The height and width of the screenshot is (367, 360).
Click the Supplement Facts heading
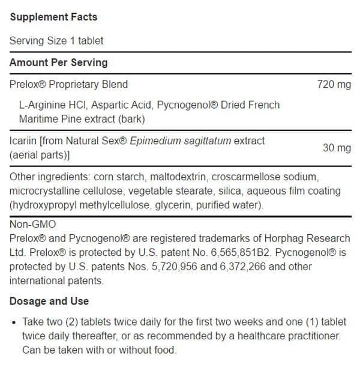53,17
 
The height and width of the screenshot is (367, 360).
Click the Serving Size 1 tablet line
56,41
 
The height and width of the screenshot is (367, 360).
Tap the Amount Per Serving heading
58,62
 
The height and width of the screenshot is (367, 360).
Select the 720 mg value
334,85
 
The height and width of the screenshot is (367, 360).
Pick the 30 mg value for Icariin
337,148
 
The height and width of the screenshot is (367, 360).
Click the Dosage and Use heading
49,301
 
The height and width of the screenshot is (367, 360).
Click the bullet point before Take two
14,323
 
